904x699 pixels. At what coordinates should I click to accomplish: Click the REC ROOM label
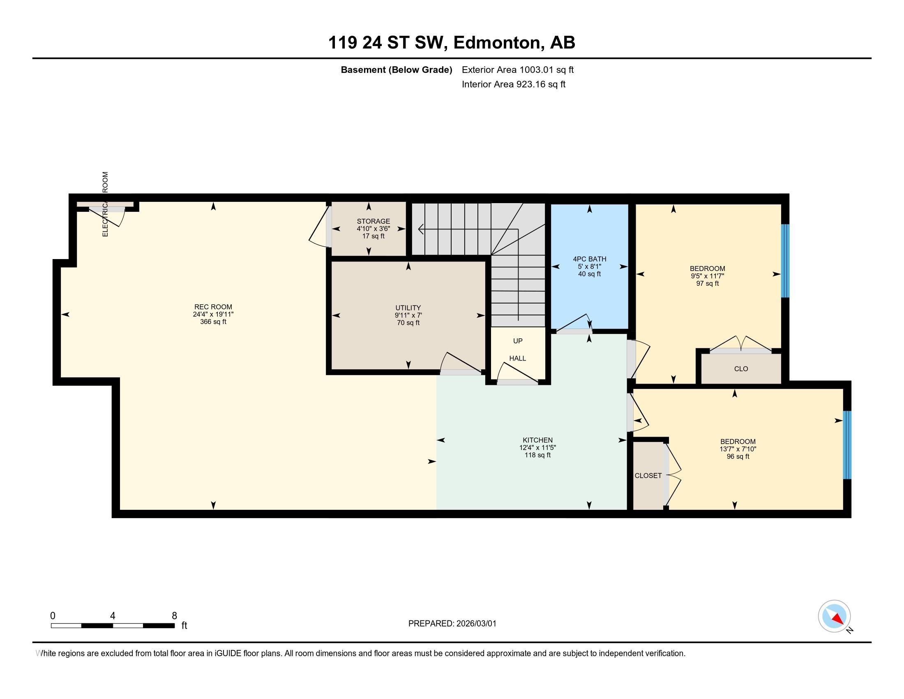coord(213,307)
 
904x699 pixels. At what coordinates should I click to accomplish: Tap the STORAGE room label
coord(374,221)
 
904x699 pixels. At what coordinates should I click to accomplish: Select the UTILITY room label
coord(408,308)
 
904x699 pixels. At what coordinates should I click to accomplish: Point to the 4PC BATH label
coord(589,259)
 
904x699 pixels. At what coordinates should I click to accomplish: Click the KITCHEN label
coord(537,440)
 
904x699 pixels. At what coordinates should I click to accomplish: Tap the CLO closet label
coord(741,368)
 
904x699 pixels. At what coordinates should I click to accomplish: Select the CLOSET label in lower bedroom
coord(648,475)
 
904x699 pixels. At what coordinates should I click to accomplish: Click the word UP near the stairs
coord(518,341)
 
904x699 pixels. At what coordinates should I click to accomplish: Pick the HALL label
coord(518,358)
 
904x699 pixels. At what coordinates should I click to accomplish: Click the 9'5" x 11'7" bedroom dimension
coord(708,276)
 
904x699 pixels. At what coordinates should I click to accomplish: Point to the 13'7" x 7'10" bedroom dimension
coord(738,449)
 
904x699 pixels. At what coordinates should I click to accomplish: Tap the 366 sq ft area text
coord(213,322)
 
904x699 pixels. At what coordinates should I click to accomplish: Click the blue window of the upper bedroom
coord(785,261)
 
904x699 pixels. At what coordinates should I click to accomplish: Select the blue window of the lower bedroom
coord(847,445)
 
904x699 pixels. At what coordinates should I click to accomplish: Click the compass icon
coord(835,616)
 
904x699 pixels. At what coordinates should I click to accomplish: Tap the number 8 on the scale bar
coord(174,616)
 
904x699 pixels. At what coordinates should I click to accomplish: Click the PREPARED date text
coord(452,623)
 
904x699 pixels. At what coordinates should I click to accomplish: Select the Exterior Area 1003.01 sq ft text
coord(518,69)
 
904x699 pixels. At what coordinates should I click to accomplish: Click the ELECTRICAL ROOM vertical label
coord(105,204)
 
